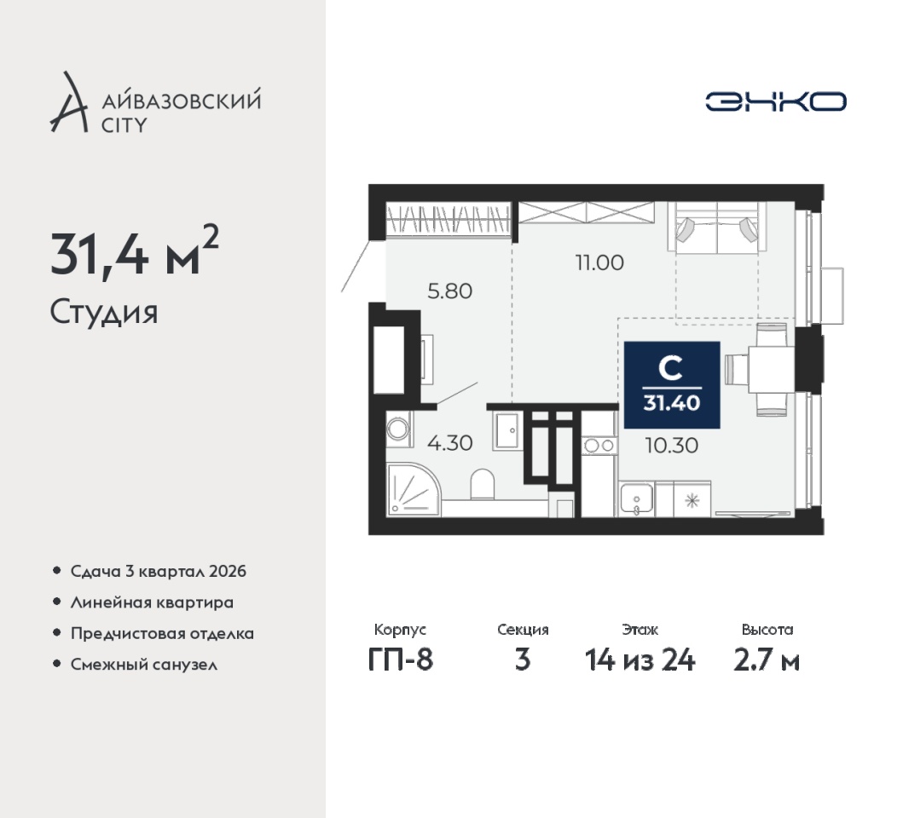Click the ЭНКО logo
[776, 102]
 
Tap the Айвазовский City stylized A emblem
[68, 102]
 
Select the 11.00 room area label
[599, 262]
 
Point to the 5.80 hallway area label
[449, 291]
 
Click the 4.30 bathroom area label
[449, 443]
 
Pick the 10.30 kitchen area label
[671, 445]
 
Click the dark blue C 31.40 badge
[671, 384]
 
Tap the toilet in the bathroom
[483, 485]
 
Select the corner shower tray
[414, 489]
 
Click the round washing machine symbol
[398, 429]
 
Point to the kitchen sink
[636, 498]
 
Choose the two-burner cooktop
[599, 445]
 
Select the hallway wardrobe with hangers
[448, 219]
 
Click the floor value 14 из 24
[640, 660]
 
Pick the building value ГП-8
[400, 660]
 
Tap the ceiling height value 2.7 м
[767, 660]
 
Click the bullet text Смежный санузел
[144, 665]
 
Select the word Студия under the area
[104, 313]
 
